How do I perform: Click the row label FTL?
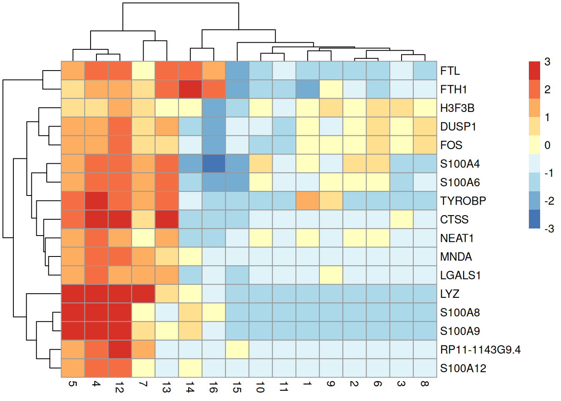tap(450, 71)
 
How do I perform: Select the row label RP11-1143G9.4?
tap(480, 350)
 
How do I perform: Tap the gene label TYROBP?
tap(463, 201)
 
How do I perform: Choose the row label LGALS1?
tap(460, 275)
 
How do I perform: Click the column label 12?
tap(119, 389)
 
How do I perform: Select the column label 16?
tap(213, 389)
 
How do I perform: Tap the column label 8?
tap(425, 383)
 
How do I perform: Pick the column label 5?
tap(73, 383)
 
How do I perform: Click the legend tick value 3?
tap(547, 62)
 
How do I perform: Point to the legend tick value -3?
tap(549, 228)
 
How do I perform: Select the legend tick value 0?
tap(547, 145)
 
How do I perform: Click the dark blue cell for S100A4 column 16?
tap(214, 164)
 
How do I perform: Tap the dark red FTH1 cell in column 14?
tap(190, 89)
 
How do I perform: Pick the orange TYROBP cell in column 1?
tap(308, 201)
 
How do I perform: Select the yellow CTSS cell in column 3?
tap(402, 219)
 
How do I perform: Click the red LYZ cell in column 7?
tap(143, 294)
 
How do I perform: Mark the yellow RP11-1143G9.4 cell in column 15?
tap(237, 350)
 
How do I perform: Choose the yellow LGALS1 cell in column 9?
tap(331, 275)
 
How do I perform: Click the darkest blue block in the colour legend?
tap(534, 219)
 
